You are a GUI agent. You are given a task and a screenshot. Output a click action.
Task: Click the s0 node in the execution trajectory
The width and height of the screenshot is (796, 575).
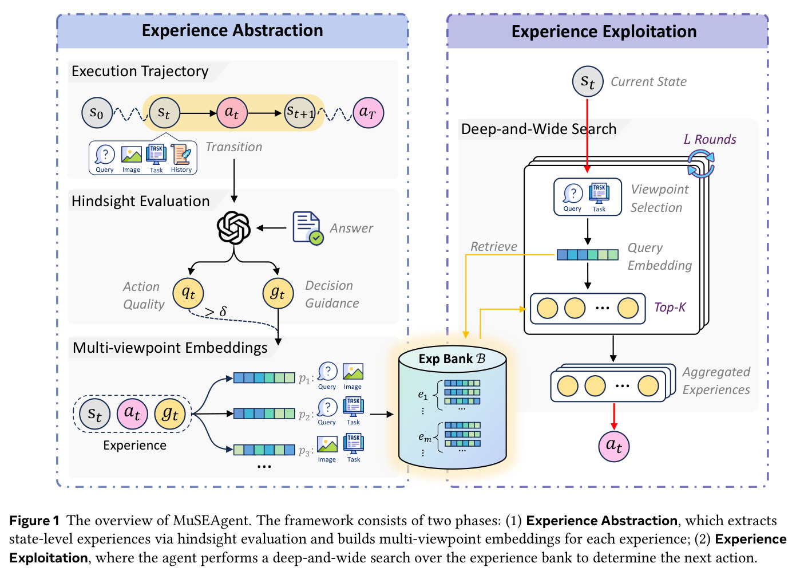point(97,113)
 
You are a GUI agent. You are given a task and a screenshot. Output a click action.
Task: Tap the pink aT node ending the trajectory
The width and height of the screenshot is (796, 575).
point(368,113)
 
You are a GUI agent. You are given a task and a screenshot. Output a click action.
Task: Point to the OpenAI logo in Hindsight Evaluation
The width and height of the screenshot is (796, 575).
point(233,228)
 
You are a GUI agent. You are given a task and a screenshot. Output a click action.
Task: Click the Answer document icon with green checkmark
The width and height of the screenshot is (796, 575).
point(308,229)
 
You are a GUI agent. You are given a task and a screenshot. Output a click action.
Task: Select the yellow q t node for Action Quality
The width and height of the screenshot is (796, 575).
point(188,293)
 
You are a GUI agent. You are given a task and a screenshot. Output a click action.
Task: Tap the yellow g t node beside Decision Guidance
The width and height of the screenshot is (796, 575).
point(278,293)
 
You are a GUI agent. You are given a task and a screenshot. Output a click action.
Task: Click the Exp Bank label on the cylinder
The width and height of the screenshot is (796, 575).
point(452,359)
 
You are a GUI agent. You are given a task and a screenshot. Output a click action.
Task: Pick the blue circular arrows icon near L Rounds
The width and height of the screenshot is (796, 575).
point(701,164)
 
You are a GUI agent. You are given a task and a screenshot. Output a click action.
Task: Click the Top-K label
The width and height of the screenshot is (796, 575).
point(670,307)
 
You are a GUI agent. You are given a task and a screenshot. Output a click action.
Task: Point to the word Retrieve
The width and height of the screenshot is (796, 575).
point(494,246)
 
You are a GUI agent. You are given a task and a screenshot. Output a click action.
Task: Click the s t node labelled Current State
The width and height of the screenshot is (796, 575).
point(588,81)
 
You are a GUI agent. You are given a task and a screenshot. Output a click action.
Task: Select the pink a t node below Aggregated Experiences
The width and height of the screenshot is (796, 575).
point(613,446)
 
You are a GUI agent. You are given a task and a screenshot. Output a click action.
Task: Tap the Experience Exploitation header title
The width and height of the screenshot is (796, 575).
point(604,31)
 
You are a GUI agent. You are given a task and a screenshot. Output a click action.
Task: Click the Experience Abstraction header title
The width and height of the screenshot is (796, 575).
point(232,30)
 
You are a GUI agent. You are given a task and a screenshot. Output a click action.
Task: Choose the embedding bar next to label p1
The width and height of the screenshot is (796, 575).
point(264,377)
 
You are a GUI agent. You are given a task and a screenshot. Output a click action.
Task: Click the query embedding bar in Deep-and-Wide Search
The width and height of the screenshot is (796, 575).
point(587,255)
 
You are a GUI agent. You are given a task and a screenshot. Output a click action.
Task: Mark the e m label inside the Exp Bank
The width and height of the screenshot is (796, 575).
point(425,437)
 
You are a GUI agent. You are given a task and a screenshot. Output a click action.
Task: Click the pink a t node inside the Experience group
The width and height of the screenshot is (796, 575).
point(132,413)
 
